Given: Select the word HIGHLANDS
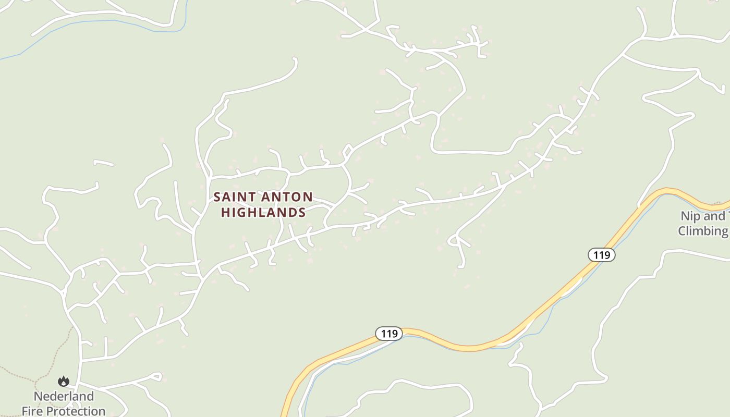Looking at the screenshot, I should pos(263,213).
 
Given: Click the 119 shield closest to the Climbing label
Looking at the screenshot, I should pos(602,255).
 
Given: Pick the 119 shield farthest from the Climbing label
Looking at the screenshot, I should pos(389,334).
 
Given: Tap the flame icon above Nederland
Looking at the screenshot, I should pos(64,382).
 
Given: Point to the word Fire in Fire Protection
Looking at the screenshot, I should pos(33,411).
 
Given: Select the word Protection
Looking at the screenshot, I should pos(76,411).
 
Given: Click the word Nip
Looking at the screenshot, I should pos(689,216).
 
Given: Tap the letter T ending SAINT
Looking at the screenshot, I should pos(252,197).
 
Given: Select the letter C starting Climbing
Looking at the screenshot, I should pos(683,231).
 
